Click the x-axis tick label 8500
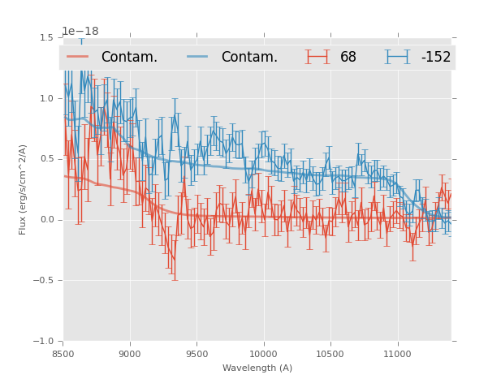(63, 354)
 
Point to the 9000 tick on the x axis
(130, 354)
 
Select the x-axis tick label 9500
(197, 354)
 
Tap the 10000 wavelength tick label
(263, 354)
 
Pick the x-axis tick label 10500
(330, 354)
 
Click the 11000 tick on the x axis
(397, 354)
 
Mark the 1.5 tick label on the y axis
(46, 37)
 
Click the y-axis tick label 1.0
(46, 98)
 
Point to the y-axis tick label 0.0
(46, 220)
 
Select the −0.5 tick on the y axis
(44, 281)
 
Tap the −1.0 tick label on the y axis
(44, 342)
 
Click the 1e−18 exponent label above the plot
(80, 32)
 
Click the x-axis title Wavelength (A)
(257, 368)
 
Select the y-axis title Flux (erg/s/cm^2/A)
(24, 189)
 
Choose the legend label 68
(348, 58)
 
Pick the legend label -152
(436, 58)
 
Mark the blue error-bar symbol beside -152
(398, 57)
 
